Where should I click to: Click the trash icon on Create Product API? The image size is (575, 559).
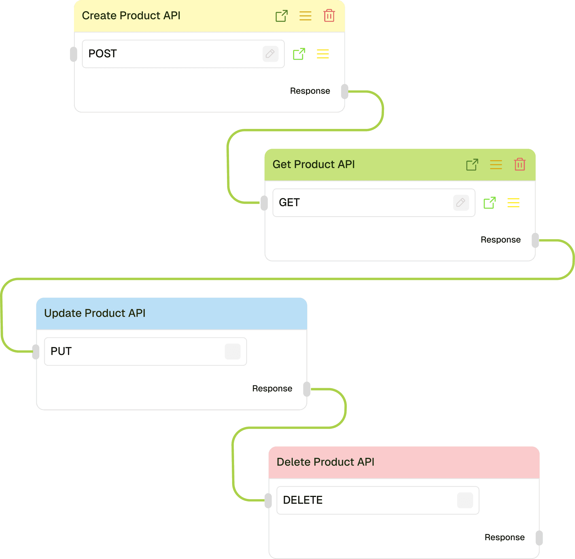329,16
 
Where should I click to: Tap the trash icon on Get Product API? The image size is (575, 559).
519,164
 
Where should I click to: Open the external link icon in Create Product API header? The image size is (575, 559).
281,16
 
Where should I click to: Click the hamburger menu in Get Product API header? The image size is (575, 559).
496,165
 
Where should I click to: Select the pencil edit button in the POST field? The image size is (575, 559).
270,54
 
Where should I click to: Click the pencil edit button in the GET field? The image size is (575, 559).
461,203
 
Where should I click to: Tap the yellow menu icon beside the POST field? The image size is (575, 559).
322,54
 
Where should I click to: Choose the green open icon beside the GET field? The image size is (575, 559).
489,203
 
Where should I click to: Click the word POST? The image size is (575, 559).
103,54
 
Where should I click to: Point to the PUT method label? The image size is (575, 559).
61,351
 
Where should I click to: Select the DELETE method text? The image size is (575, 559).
303,500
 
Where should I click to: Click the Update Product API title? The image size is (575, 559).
95,313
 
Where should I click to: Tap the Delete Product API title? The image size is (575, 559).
325,462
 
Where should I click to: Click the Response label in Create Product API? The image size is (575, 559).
310,91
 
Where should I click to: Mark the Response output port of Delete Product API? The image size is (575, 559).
539,538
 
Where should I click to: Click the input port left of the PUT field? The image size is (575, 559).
35,352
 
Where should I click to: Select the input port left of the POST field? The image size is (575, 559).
73,54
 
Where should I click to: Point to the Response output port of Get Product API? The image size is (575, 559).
535,241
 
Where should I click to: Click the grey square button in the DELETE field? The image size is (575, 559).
465,500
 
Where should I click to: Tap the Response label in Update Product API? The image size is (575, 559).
272,389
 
